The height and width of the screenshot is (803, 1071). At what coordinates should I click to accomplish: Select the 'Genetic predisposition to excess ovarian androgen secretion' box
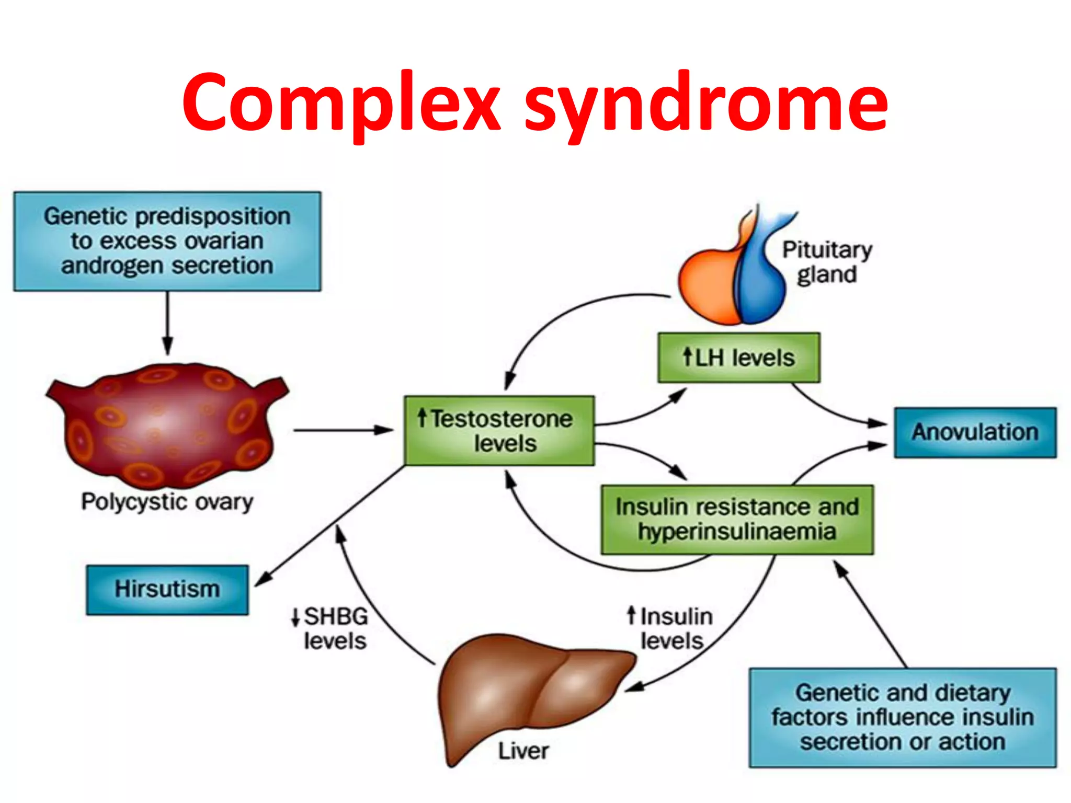pos(167,241)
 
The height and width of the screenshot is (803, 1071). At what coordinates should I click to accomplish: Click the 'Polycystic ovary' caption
pos(167,502)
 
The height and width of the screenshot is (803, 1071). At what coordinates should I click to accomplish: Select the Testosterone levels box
pos(499,431)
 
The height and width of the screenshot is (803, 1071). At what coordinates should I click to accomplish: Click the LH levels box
pos(738,358)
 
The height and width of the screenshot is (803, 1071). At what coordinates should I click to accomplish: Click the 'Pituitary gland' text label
pos(827,261)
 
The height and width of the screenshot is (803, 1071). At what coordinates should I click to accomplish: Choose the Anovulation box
pos(975,432)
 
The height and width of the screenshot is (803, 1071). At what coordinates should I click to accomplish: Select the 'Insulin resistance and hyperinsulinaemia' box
pos(737,519)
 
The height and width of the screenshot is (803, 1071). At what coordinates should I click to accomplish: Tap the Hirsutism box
pos(167,589)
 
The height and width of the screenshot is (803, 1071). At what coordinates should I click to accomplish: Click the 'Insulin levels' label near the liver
pos(672,628)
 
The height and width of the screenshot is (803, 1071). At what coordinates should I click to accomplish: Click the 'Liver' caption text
pos(523,751)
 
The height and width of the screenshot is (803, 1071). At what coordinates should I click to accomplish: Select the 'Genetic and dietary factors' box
pos(903,717)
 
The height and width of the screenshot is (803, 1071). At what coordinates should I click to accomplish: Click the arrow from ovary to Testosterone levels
pos(343,430)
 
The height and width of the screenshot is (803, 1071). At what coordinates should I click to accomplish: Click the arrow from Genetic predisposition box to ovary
pos(167,322)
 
